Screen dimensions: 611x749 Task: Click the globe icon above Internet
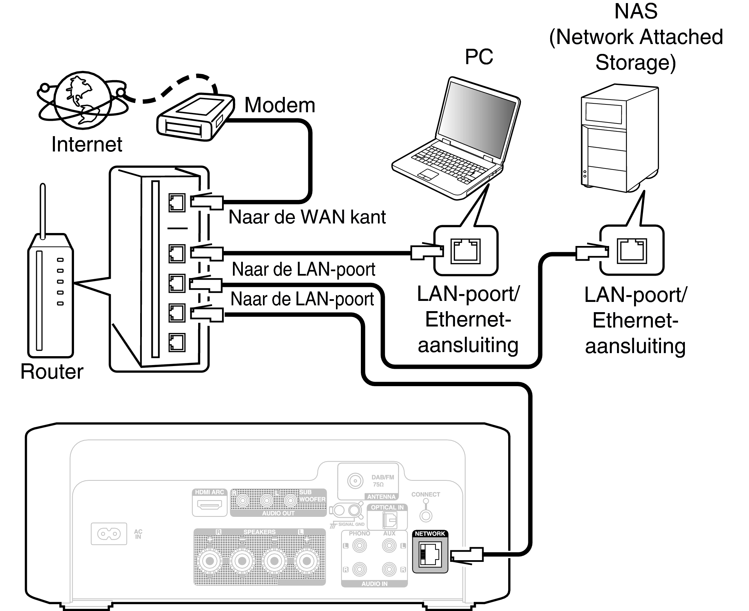(x=83, y=100)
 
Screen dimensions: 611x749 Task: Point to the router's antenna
(x=43, y=211)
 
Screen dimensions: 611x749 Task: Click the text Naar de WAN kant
(x=307, y=217)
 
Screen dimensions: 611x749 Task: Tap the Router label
(x=52, y=371)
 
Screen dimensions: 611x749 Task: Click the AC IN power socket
(x=109, y=534)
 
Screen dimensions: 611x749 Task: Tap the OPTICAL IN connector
(x=390, y=520)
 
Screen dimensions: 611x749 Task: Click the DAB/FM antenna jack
(x=355, y=481)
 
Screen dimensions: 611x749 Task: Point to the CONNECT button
(x=426, y=516)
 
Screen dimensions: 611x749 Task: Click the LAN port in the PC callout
(x=466, y=251)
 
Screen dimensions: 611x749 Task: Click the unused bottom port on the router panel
(x=177, y=343)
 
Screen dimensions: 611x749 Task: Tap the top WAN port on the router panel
(x=177, y=202)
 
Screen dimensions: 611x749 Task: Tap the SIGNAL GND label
(x=351, y=524)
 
